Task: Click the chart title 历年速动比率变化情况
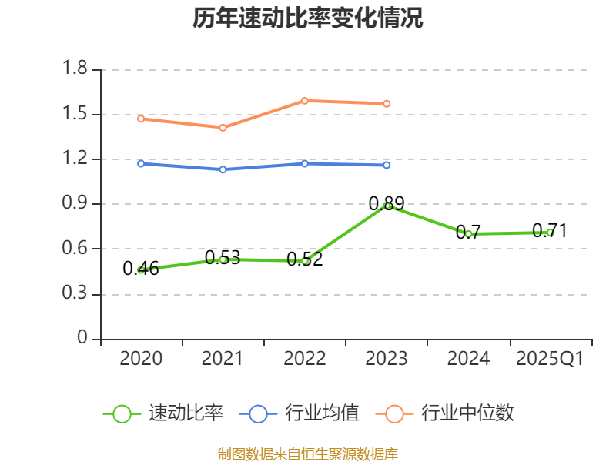308,18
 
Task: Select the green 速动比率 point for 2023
387,206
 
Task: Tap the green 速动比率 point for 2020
141,269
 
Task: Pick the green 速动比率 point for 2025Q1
550,232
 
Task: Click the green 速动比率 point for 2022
305,261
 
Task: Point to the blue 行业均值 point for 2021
223,169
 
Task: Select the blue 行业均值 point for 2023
387,165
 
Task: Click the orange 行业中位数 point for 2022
305,101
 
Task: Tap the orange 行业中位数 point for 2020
141,119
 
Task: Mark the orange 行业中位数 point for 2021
223,128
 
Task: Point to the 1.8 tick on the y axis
76,70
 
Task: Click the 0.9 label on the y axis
76,204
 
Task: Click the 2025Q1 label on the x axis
550,359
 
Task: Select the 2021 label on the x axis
223,359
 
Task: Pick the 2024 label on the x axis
468,359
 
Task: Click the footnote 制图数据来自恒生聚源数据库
308,454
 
